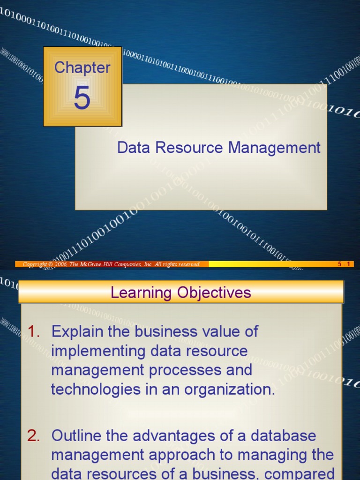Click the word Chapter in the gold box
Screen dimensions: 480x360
pos(82,67)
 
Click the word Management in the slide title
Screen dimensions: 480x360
pos(274,148)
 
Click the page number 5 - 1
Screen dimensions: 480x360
pos(345,264)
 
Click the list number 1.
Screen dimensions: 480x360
pos(34,331)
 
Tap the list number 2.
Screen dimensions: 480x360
pos(34,436)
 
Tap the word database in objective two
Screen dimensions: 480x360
pos(284,436)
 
